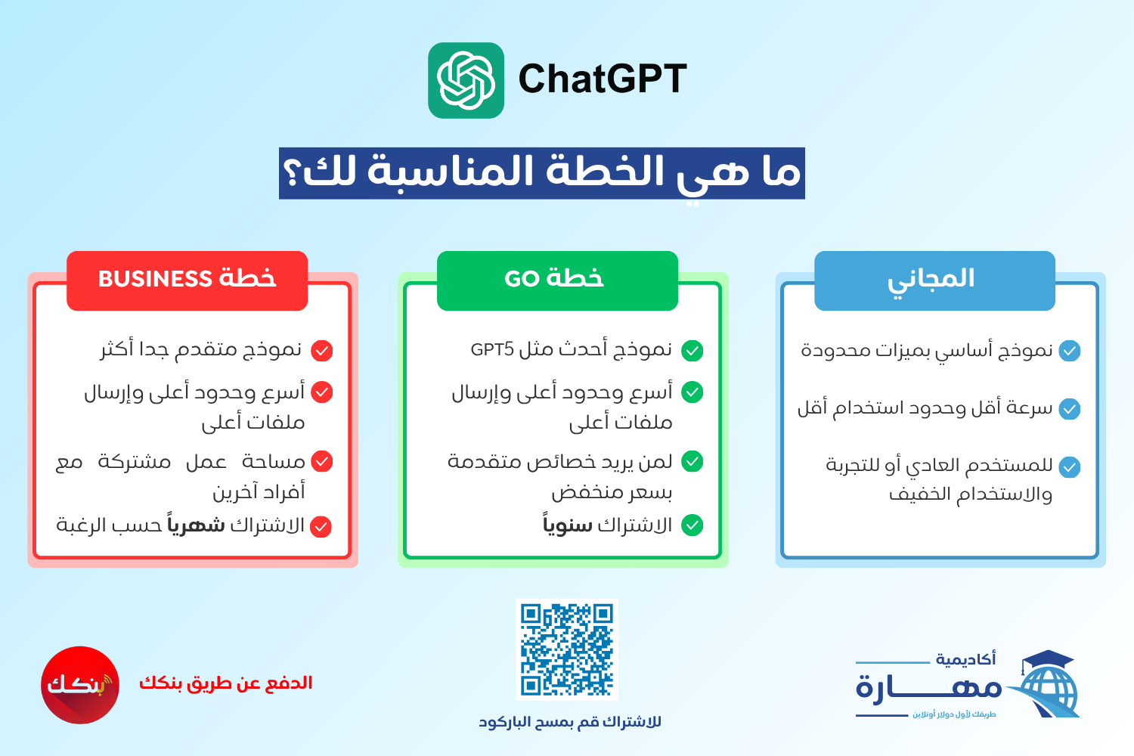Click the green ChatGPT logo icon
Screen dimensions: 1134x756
pyautogui.click(x=466, y=80)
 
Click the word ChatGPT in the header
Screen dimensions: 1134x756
pyautogui.click(x=603, y=79)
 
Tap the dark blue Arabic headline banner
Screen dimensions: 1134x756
pyautogui.click(x=542, y=173)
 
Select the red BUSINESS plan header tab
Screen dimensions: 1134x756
pyautogui.click(x=187, y=280)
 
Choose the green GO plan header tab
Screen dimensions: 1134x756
pyautogui.click(x=557, y=280)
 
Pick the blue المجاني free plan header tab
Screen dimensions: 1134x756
pyautogui.click(x=934, y=280)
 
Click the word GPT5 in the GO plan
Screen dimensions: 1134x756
pyautogui.click(x=492, y=349)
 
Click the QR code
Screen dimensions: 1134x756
pyautogui.click(x=567, y=649)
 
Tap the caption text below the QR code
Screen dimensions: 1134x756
pyautogui.click(x=570, y=721)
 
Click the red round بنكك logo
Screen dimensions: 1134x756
pyautogui.click(x=80, y=685)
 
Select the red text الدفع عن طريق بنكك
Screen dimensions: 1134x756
pyautogui.click(x=226, y=683)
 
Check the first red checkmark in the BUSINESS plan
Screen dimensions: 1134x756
pyautogui.click(x=322, y=350)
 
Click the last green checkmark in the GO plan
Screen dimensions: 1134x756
pyautogui.click(x=692, y=525)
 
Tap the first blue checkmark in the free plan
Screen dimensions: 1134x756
pyautogui.click(x=1070, y=350)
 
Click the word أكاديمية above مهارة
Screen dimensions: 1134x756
pyautogui.click(x=965, y=659)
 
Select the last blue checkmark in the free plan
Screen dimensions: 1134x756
pyautogui.click(x=1070, y=467)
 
